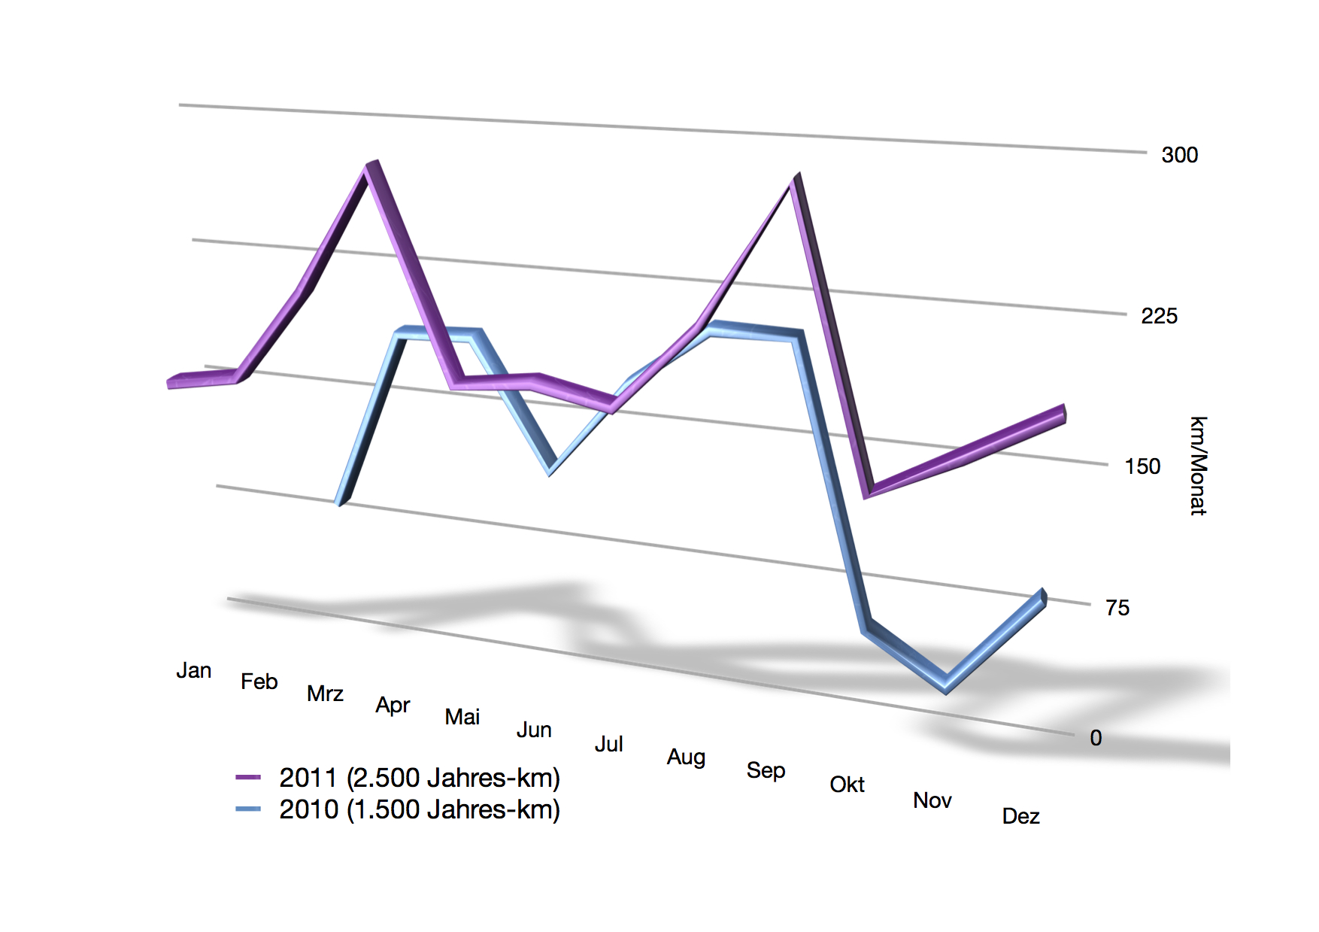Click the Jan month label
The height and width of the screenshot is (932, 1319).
click(193, 670)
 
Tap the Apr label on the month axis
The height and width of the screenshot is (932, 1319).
click(393, 706)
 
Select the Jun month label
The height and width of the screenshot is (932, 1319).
click(534, 730)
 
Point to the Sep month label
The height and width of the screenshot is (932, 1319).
click(766, 771)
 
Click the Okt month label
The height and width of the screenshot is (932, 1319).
click(847, 785)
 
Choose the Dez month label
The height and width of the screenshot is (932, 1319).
click(1020, 816)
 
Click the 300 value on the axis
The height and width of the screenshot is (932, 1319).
click(1179, 155)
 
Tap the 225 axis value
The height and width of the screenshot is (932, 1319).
click(1159, 316)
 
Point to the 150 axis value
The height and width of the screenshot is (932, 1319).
click(1142, 466)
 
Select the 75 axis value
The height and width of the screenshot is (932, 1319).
click(1117, 608)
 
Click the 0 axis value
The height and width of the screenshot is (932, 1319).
click(1096, 738)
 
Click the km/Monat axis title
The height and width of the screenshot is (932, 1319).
click(1198, 466)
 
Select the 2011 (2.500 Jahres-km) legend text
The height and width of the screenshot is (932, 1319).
click(419, 778)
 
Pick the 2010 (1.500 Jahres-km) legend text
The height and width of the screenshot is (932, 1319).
click(419, 809)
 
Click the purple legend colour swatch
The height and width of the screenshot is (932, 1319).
click(247, 777)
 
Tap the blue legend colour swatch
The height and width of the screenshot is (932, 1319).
click(247, 809)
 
